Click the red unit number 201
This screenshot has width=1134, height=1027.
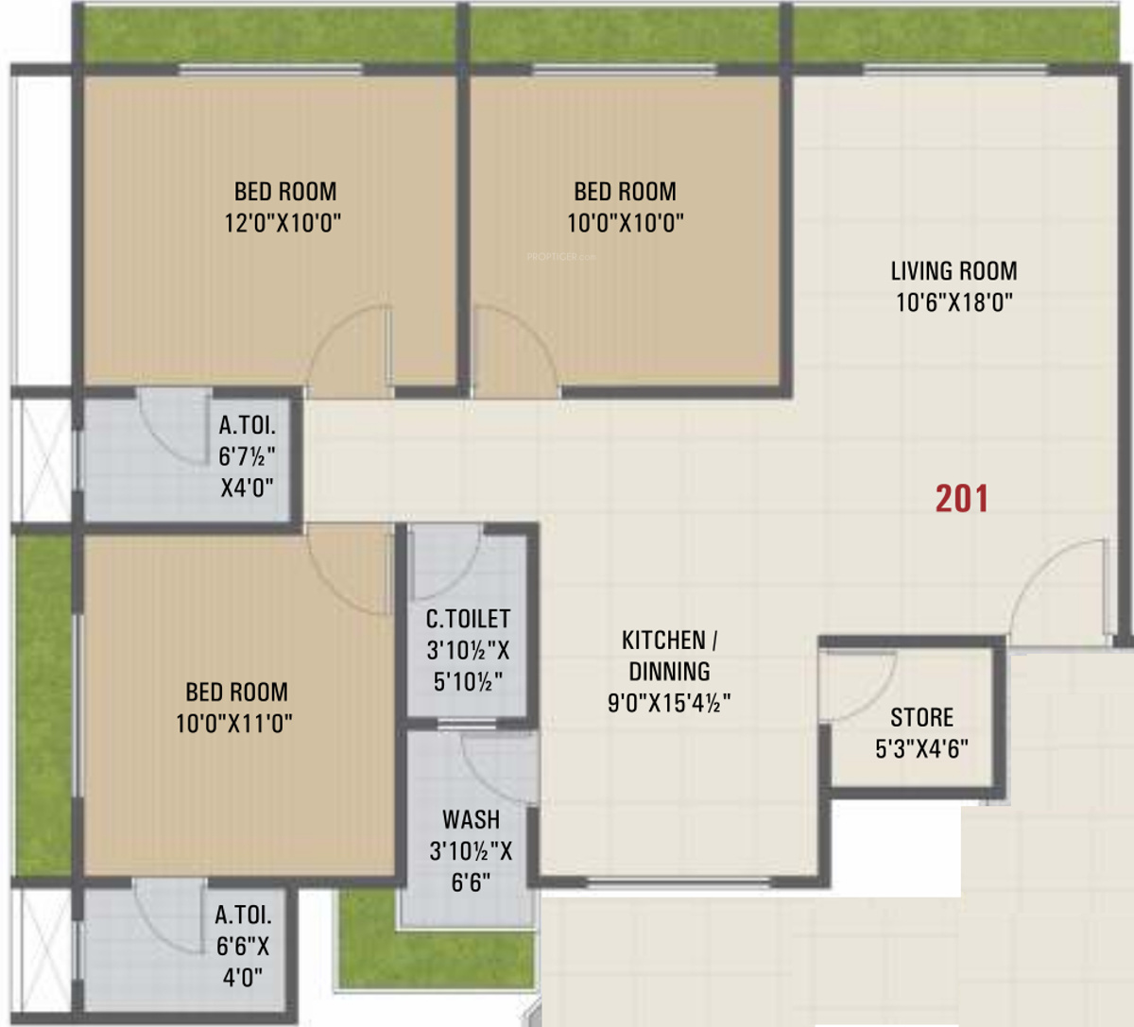pos(962,499)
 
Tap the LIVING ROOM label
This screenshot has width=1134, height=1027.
pos(954,271)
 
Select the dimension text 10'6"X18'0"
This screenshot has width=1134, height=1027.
pos(954,302)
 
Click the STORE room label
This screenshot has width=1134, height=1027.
pos(921,717)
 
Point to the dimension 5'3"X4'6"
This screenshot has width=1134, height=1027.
pos(921,748)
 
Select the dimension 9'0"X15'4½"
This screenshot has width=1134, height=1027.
pos(669,703)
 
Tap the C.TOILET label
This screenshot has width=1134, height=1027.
pos(468,619)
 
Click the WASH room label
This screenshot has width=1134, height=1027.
pos(471,819)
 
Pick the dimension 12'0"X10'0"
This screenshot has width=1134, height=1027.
pos(283,223)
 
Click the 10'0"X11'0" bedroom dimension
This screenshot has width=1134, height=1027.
pos(234,724)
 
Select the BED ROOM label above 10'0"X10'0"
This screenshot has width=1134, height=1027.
pos(625,192)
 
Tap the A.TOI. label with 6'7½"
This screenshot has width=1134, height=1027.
pos(247,426)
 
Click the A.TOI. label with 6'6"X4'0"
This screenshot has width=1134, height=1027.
pos(243,915)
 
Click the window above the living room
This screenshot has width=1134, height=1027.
pos(954,69)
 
